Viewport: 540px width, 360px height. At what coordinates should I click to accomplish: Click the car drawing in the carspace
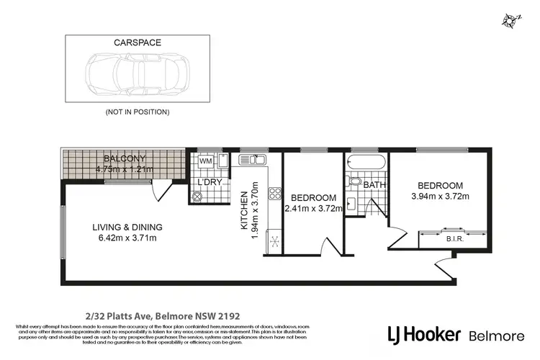click(x=136, y=74)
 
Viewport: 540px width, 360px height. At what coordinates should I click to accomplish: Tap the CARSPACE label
click(x=137, y=42)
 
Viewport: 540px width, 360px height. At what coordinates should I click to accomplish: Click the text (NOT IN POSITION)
click(x=137, y=112)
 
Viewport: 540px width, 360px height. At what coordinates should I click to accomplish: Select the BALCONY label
click(x=124, y=158)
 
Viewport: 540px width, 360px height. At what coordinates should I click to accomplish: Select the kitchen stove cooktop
click(x=274, y=193)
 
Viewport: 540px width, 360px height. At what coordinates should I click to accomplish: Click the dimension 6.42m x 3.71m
click(x=127, y=238)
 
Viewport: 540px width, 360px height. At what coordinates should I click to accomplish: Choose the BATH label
click(x=374, y=185)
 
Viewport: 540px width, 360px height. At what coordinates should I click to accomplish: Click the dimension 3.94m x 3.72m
click(x=440, y=196)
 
